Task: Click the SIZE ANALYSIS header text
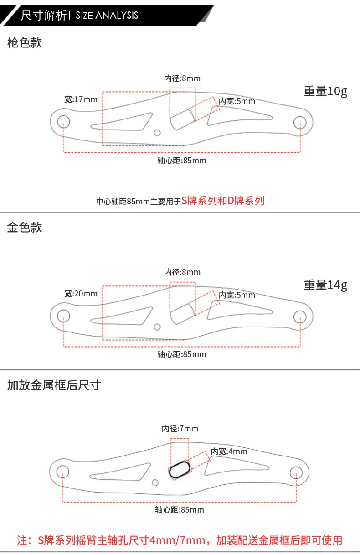107,16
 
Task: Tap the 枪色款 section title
25,42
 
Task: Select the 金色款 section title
25,227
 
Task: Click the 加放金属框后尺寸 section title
54,385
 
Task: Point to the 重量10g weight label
325,91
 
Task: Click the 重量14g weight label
325,285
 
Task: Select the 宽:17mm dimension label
81,99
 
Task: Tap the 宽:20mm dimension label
81,294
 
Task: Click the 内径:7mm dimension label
180,429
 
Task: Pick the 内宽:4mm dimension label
229,451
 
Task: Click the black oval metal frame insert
180,470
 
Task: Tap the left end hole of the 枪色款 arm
63,122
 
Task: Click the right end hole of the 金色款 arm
300,316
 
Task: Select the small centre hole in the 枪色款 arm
157,133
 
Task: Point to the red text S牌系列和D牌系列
223,201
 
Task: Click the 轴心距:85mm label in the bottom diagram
180,510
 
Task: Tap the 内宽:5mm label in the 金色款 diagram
237,295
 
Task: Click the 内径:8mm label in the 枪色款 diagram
182,78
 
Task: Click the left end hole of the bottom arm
62,472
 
